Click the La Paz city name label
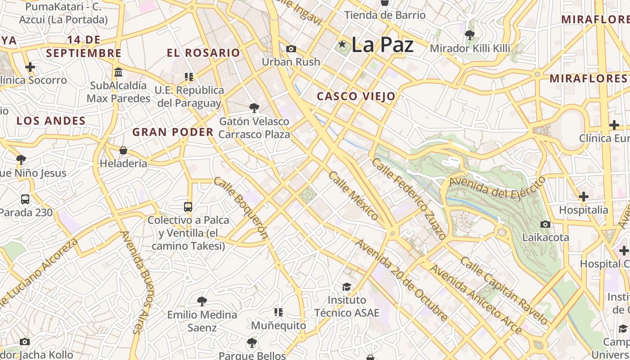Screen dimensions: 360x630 point(382,45)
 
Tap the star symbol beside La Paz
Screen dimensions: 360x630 point(342,44)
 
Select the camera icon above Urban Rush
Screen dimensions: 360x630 point(291,49)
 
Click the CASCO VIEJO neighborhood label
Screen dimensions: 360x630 point(356,96)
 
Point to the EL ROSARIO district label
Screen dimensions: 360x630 point(203,53)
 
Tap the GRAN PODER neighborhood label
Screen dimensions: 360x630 point(173,132)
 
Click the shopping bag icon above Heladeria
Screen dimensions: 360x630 point(123,150)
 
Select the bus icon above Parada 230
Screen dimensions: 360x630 point(25,199)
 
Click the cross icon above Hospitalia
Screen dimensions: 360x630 point(584,197)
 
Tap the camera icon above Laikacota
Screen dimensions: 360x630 point(545,224)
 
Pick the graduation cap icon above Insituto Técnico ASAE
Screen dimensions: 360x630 point(346,287)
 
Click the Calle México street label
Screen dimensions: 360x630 point(354,196)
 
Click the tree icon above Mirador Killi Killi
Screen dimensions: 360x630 point(470,35)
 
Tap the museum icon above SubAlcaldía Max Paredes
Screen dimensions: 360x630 point(119,72)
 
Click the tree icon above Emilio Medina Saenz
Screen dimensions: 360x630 point(202,301)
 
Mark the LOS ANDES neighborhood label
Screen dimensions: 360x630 point(51,121)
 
